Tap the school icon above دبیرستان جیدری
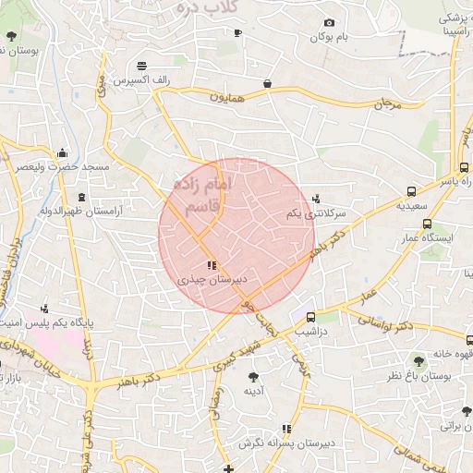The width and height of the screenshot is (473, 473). [212, 265]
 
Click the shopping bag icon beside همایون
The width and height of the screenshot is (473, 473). [267, 83]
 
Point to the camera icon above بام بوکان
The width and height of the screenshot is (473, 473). [328, 23]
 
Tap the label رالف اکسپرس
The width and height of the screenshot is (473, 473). [140, 80]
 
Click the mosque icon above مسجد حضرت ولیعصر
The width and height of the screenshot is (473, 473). [62, 152]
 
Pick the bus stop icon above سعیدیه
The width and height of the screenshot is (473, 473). [410, 192]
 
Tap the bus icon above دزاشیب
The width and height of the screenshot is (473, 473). [310, 315]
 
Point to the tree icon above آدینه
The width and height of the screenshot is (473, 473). [253, 376]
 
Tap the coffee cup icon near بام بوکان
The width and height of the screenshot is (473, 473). [237, 33]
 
